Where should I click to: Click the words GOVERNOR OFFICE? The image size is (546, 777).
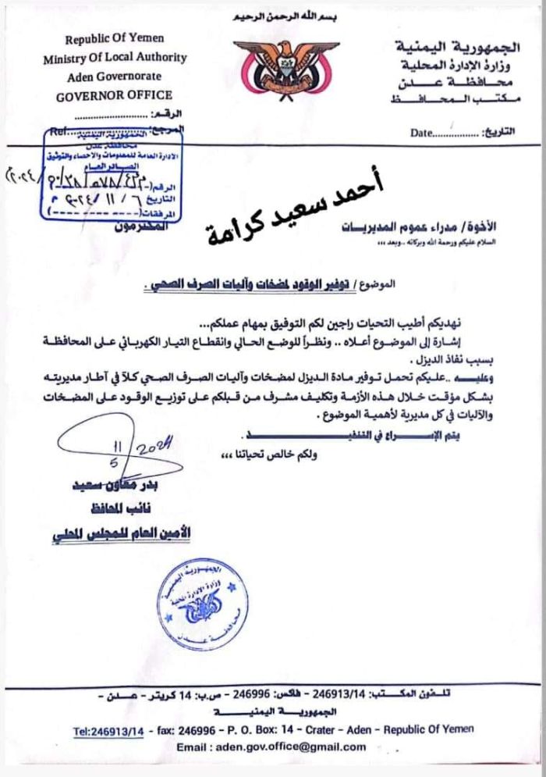(x=114, y=95)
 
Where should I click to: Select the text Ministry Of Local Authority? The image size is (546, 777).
(x=115, y=58)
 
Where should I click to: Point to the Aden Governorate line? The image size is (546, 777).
(x=115, y=77)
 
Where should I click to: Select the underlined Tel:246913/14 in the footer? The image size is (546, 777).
(x=109, y=730)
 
